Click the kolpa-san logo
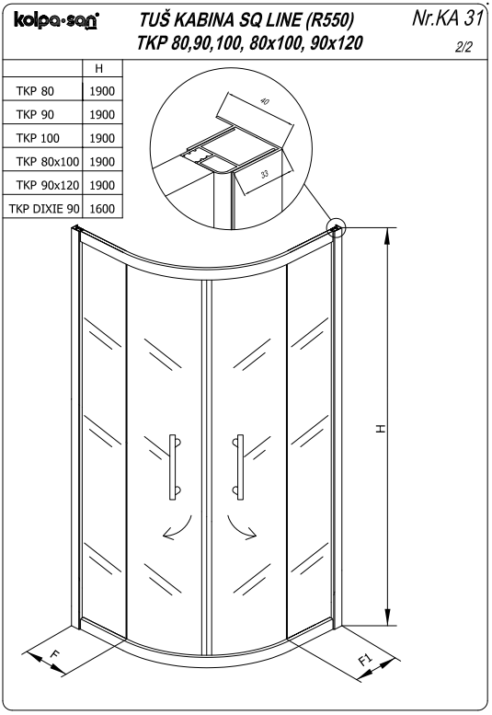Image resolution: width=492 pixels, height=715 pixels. tap(56, 20)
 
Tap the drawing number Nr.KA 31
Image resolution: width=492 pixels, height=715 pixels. tap(447, 17)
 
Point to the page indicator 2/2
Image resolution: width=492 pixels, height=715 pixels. tap(463, 47)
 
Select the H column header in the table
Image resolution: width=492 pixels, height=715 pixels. tap(98, 68)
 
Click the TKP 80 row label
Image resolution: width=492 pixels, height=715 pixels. tap(35, 91)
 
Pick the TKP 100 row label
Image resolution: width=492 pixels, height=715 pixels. tap(38, 138)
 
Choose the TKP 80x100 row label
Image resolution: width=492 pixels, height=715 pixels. tap(48, 161)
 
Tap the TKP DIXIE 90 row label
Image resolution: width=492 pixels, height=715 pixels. tap(44, 209)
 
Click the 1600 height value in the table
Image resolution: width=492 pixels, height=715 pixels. tap(102, 209)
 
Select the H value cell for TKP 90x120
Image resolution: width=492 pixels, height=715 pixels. tap(102, 185)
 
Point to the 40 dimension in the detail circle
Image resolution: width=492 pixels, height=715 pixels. tap(265, 101)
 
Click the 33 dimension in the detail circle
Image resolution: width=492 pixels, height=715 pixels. tap(265, 173)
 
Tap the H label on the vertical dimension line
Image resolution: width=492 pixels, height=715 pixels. tap(381, 429)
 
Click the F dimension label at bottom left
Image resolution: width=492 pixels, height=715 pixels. tap(54, 654)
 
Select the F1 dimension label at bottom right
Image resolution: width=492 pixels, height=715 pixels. tap(366, 660)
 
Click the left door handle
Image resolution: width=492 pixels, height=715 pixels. tap(175, 467)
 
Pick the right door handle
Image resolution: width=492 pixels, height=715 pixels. tap(238, 467)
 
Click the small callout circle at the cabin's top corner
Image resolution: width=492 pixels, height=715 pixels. tap(337, 227)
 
